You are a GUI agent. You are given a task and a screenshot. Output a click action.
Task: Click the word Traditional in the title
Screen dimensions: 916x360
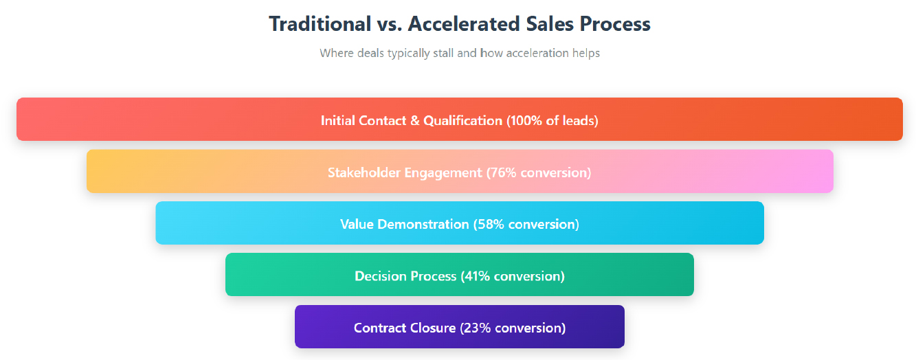(320, 23)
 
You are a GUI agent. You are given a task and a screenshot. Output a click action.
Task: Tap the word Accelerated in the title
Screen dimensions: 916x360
(464, 23)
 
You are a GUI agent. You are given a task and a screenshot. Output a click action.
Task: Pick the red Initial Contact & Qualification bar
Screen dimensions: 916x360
(460, 120)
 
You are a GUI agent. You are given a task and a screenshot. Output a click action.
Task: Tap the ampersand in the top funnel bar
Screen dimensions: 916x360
(414, 120)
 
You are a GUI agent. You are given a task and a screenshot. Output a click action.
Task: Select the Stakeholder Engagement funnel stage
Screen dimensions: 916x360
(460, 171)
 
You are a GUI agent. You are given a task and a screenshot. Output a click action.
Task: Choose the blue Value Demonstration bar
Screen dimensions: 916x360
(460, 223)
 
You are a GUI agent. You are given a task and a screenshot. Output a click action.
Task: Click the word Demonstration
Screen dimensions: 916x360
(423, 225)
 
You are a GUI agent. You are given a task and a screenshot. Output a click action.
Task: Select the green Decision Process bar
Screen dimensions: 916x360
(460, 275)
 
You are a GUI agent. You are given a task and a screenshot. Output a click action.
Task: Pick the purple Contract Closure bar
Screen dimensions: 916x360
(460, 326)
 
